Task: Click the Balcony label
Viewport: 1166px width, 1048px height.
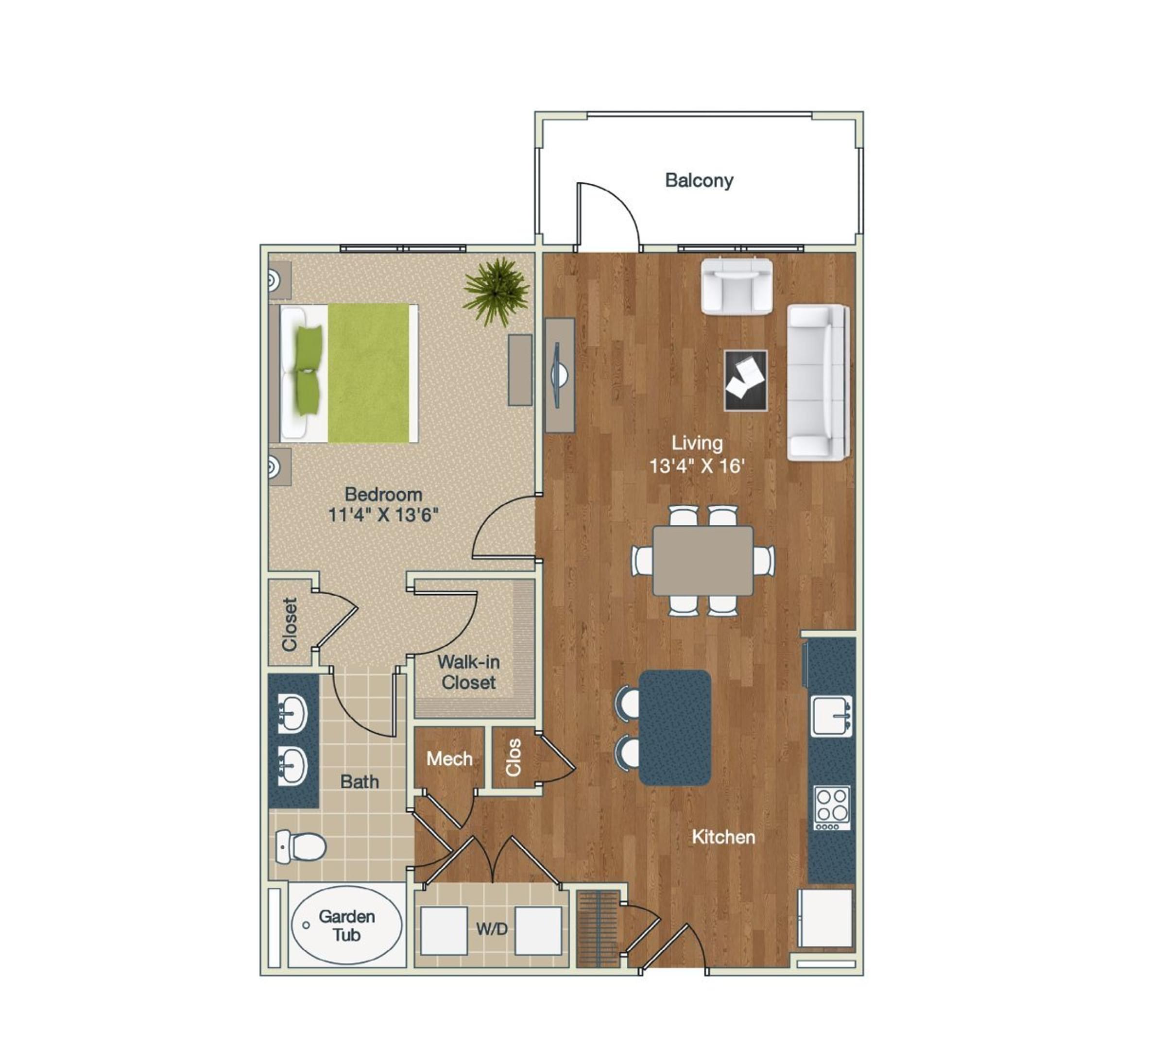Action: [699, 180]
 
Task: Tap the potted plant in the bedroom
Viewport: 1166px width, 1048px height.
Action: [496, 292]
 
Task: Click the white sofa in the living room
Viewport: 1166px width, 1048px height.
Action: [817, 382]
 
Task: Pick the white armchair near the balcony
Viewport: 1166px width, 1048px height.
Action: [737, 286]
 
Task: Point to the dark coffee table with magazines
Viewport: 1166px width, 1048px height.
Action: [746, 380]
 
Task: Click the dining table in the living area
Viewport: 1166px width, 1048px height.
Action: [703, 560]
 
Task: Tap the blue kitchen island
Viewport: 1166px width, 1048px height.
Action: [675, 727]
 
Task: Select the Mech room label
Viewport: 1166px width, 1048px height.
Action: [449, 759]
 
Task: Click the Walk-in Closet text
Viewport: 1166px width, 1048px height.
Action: [468, 672]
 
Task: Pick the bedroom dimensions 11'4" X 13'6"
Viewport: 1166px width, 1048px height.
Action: [383, 514]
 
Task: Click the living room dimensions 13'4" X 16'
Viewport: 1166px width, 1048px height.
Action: [697, 465]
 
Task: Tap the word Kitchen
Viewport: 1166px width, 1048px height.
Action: [723, 837]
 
